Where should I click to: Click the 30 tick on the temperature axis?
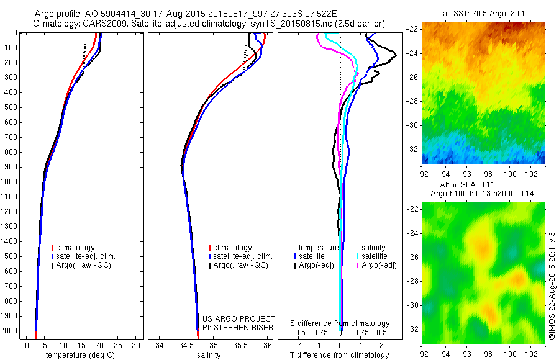(137, 345)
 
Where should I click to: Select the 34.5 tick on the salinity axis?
(186, 345)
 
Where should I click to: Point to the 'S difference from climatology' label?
(340, 323)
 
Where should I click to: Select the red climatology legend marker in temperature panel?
(52, 248)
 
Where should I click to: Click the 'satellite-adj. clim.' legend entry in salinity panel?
(243, 256)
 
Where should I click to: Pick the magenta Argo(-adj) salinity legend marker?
(358, 265)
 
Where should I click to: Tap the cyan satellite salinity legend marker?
(358, 256)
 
